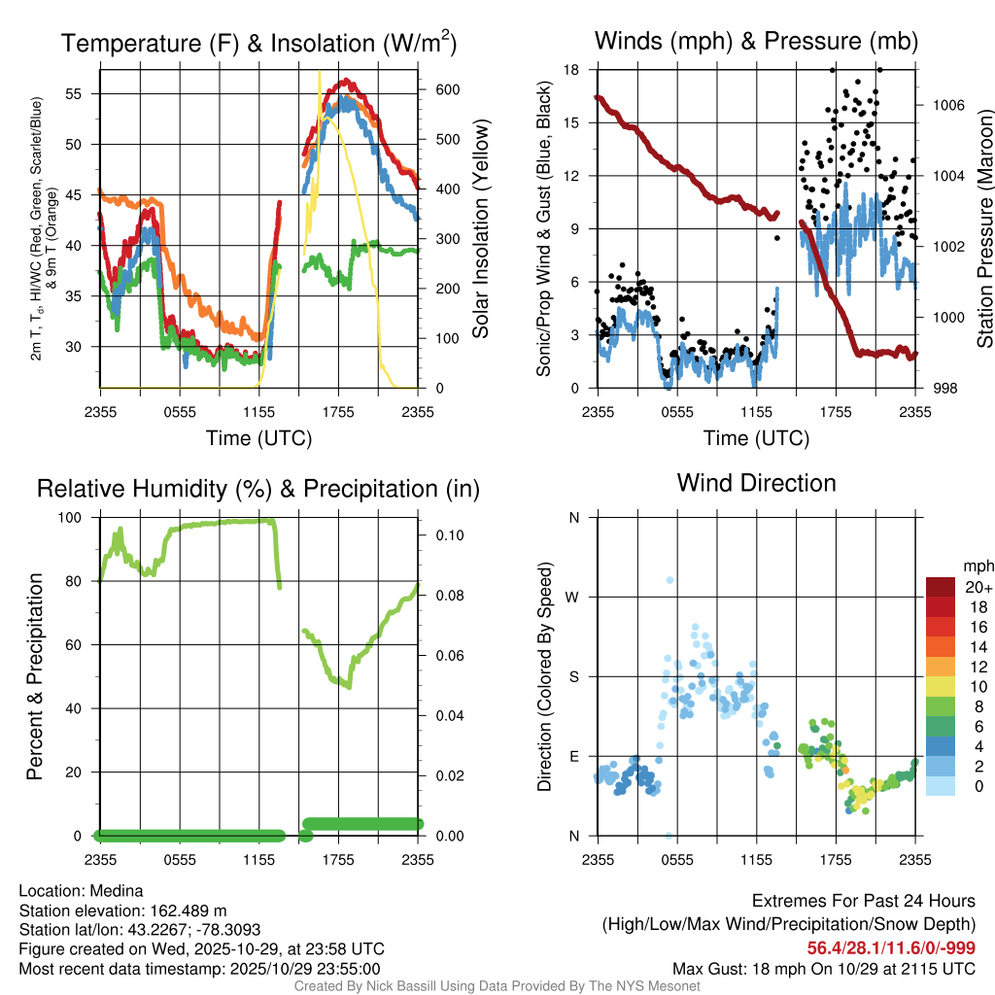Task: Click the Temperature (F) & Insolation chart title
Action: click(258, 43)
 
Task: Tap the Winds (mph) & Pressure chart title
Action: click(756, 41)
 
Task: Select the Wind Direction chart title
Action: click(756, 483)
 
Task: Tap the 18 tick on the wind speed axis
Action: click(572, 70)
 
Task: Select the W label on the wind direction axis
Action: click(573, 597)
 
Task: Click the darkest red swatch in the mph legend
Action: click(941, 587)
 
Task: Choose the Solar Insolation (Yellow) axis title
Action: click(480, 229)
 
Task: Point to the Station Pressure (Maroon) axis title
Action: click(984, 229)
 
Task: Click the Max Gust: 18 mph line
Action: click(824, 969)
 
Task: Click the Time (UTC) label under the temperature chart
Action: click(258, 438)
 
